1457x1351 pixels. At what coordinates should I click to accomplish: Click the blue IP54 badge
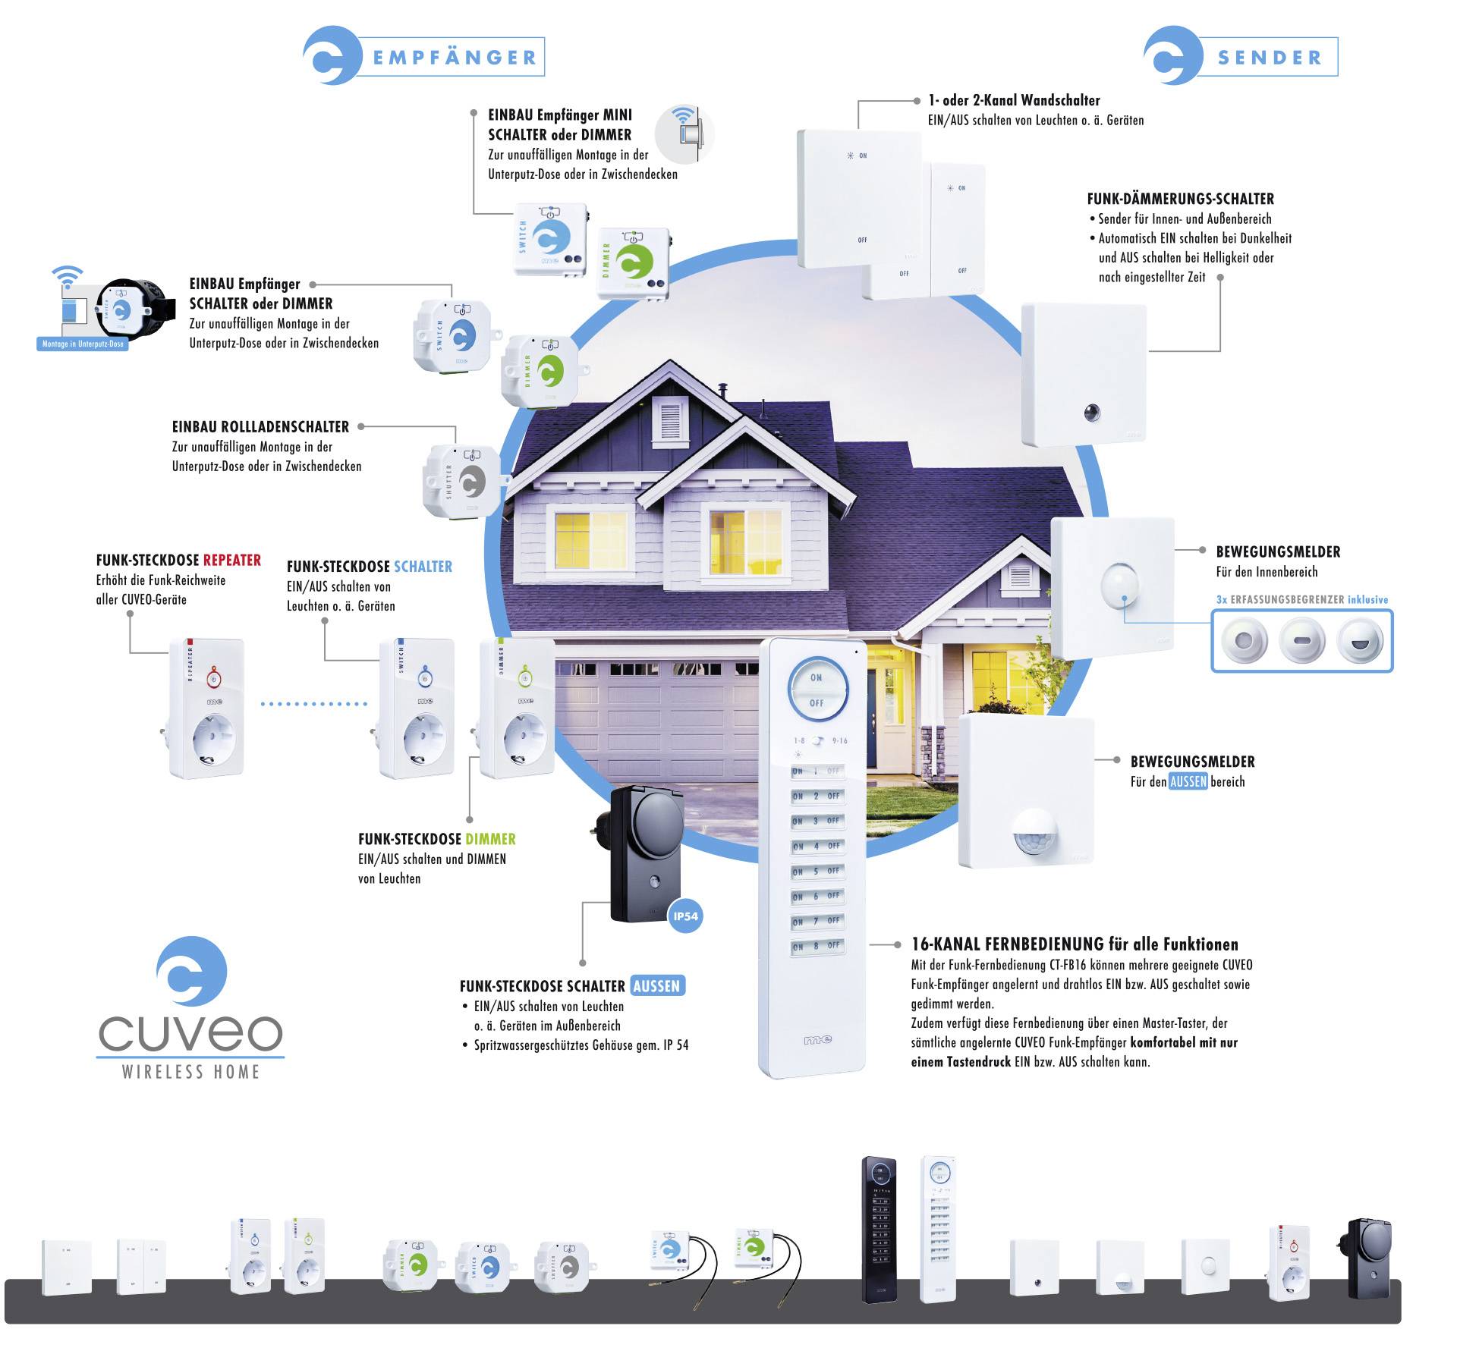tap(685, 916)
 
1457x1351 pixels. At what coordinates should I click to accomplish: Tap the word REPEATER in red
tap(232, 561)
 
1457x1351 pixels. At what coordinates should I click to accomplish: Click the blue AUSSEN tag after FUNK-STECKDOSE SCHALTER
tap(656, 986)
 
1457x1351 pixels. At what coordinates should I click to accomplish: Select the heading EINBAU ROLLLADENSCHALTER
tap(260, 427)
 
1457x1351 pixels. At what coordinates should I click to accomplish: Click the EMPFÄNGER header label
tap(455, 58)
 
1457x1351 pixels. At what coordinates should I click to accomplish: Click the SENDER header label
tap(1270, 58)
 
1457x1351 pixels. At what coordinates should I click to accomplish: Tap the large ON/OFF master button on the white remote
tap(817, 690)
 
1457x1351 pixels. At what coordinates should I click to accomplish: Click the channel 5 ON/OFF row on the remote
tap(817, 871)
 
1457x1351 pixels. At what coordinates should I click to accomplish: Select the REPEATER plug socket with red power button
tap(207, 708)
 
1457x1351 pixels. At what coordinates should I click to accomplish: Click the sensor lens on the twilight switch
tap(1092, 413)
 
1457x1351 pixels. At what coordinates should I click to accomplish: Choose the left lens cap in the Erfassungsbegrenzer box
tap(1243, 641)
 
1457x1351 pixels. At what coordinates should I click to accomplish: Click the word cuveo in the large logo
tap(190, 1031)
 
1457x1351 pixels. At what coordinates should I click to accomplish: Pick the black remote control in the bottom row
tap(879, 1229)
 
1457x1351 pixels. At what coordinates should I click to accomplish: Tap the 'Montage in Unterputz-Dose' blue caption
tap(83, 344)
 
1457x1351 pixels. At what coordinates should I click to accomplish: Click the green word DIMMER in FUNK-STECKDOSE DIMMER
tap(490, 839)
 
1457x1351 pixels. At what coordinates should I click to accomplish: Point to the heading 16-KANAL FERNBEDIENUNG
tap(1075, 944)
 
